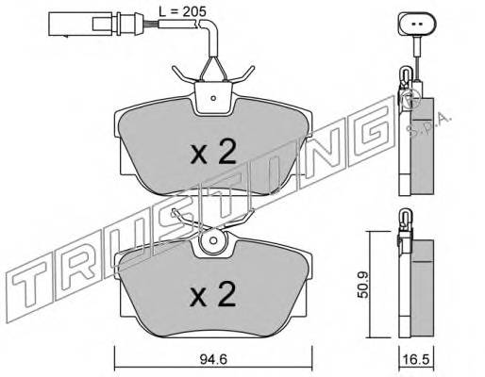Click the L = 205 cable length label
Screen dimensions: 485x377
(x=182, y=12)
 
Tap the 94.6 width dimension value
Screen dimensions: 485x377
(x=213, y=359)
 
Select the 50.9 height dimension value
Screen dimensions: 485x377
(x=363, y=285)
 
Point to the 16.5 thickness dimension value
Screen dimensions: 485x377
(x=417, y=359)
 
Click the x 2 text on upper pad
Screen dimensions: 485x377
(x=213, y=153)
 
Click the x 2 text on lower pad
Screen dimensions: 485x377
(x=213, y=294)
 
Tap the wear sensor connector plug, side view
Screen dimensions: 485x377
(x=92, y=24)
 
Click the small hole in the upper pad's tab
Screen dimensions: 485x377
(x=213, y=98)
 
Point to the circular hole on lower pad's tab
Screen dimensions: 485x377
(x=213, y=241)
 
